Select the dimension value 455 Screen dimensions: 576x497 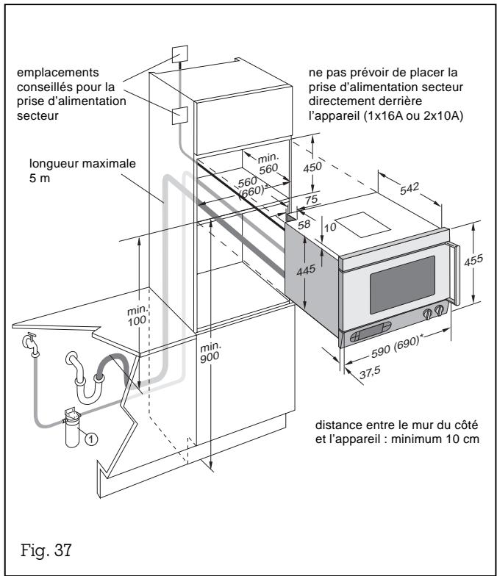pyautogui.click(x=479, y=263)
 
